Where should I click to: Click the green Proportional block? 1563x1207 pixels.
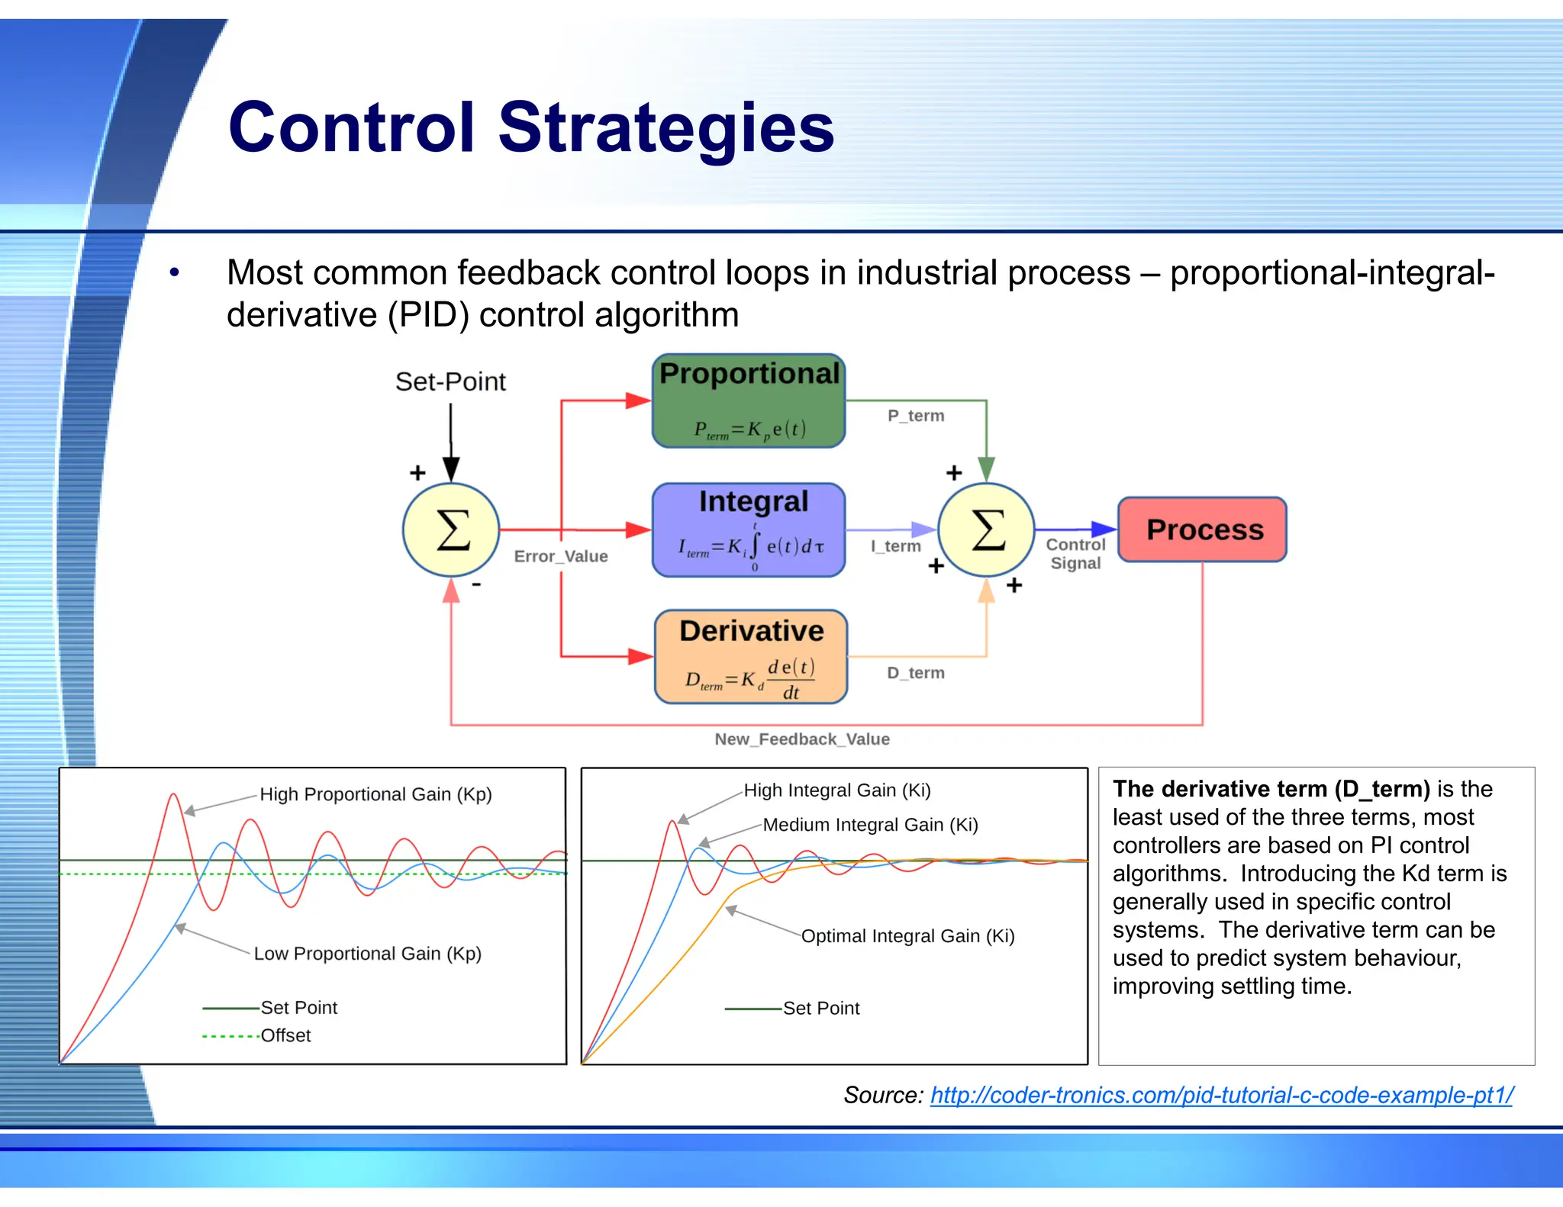point(749,401)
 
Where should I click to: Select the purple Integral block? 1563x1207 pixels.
point(749,529)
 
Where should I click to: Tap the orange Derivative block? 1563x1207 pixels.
point(751,656)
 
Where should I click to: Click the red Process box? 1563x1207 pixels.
point(1202,529)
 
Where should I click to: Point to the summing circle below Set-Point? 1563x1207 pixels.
point(451,529)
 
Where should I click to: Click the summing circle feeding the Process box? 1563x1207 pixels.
point(986,529)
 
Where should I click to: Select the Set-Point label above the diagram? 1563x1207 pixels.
point(450,381)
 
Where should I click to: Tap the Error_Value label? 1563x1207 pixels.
point(561,556)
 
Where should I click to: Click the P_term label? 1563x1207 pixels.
point(916,416)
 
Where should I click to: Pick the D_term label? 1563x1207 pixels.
point(916,673)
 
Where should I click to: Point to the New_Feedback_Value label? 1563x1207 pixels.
point(802,739)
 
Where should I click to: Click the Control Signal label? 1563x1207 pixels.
point(1075,554)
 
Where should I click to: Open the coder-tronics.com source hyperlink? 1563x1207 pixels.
point(1221,1096)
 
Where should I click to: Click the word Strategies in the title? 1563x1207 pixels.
point(666,127)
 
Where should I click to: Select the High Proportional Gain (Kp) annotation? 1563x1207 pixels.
point(375,794)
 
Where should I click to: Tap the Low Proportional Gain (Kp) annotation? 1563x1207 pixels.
point(367,954)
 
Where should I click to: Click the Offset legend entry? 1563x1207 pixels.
point(285,1036)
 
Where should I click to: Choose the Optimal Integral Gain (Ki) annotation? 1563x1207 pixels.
point(907,936)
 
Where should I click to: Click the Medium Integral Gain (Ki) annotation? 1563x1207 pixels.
point(870,825)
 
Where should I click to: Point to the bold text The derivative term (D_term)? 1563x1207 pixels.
point(1271,789)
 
